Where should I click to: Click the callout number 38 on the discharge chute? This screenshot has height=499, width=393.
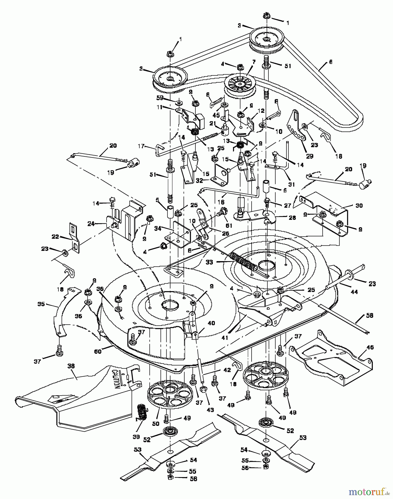tap(71, 366)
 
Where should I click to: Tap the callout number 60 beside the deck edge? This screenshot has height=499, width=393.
tap(98, 352)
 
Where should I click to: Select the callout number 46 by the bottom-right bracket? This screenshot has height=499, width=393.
tap(370, 347)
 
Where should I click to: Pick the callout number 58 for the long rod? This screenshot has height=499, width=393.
tap(369, 315)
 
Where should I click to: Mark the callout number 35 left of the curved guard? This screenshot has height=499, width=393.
tap(41, 304)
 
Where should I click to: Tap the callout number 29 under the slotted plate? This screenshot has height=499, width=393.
tap(310, 156)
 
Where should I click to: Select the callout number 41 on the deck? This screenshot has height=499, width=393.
tap(225, 338)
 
